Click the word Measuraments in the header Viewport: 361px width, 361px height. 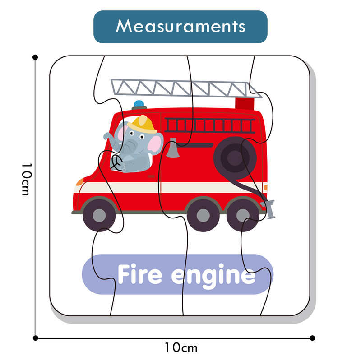point(180,26)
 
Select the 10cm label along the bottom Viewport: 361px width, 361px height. point(180,347)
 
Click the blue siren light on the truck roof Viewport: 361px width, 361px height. point(139,104)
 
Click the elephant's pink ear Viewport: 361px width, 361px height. point(155,143)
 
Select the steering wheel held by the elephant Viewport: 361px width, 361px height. point(117,163)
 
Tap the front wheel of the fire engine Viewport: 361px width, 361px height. point(99,215)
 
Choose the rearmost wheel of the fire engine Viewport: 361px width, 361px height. point(242,215)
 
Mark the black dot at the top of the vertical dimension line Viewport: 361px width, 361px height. point(35,57)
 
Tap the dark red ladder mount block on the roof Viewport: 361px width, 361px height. point(245,103)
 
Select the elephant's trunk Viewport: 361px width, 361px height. point(107,137)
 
